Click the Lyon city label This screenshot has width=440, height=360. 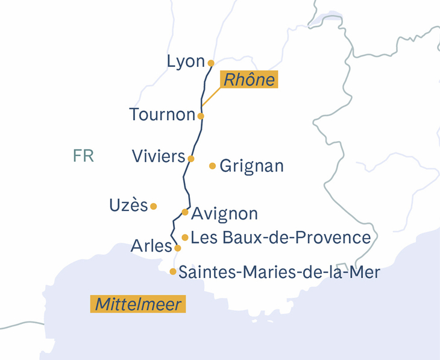(x=186, y=61)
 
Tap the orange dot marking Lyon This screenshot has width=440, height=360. (x=211, y=63)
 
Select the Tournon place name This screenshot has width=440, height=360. (x=162, y=115)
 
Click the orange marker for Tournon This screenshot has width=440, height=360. (x=201, y=116)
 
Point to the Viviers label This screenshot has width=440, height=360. (x=158, y=157)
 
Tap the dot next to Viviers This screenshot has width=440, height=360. (x=191, y=159)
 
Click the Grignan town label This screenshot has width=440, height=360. (x=252, y=166)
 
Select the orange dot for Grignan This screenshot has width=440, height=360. (x=212, y=166)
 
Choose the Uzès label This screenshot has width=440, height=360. (x=128, y=205)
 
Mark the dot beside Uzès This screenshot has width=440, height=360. (x=154, y=206)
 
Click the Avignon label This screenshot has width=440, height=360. (x=224, y=213)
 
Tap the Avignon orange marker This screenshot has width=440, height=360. (x=185, y=212)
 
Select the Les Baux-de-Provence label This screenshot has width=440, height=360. (x=280, y=238)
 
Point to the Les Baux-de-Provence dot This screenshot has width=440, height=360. (x=185, y=238)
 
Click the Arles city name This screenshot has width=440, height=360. (x=151, y=247)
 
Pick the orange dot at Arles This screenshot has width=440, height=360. (x=177, y=248)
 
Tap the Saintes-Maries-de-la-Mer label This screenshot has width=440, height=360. (x=280, y=273)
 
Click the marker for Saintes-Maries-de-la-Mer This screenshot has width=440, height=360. (x=173, y=272)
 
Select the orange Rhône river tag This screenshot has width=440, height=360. (x=248, y=80)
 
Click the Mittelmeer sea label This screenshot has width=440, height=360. (x=138, y=304)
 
